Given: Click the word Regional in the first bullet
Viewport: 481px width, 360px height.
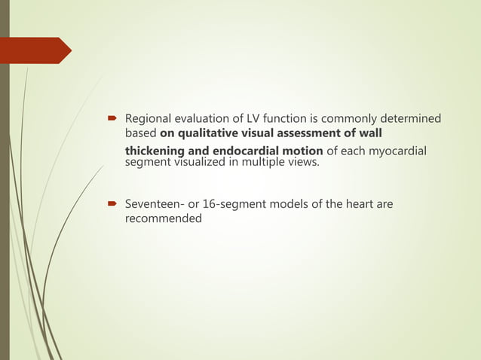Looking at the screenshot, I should [x=148, y=119].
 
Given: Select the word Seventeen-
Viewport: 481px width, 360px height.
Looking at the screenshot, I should [x=152, y=204].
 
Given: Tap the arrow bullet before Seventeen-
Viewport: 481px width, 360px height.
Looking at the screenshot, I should [x=110, y=204].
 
